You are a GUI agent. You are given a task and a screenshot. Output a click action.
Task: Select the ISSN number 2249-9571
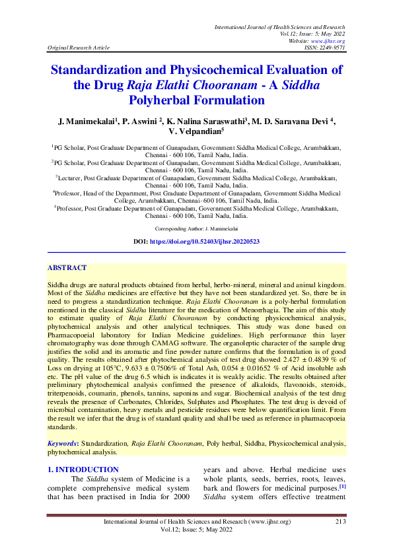coord(328,48)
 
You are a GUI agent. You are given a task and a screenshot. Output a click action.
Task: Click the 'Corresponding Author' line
coord(196,226)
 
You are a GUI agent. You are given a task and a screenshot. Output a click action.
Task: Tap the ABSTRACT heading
coord(67,268)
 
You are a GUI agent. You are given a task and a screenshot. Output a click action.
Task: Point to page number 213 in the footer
coord(341,522)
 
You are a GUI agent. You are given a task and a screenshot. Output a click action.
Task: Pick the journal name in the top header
coord(280,26)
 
